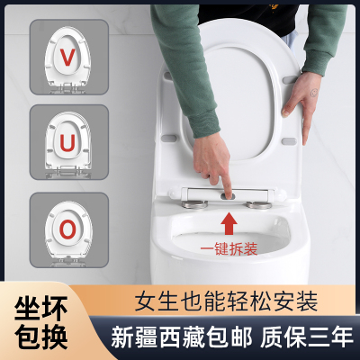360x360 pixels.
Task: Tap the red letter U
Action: (68, 142)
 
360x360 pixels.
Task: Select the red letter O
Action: (68, 229)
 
